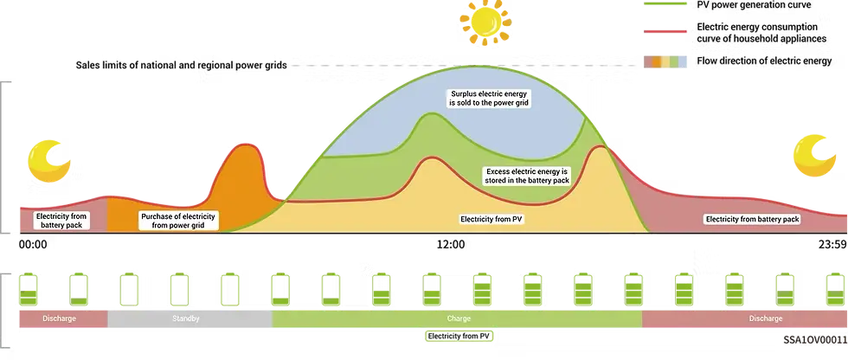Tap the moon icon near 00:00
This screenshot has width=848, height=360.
pos(48,161)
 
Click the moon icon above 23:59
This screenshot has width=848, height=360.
pos(814,157)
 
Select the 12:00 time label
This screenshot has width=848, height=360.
pos(451,245)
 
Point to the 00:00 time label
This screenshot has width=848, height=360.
pos(33,245)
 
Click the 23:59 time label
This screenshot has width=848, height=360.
pos(832,245)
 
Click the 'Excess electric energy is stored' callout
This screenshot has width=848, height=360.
pos(526,176)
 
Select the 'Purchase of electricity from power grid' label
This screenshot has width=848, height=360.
pos(178,221)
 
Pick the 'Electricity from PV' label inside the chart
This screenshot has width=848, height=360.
pos(492,220)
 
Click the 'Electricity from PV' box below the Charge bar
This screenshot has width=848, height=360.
pos(459,337)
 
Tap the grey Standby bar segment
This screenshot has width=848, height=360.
pos(190,319)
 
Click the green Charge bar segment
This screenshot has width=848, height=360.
pos(457,319)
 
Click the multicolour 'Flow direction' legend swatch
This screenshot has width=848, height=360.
pos(665,61)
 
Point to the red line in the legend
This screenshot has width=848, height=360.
pos(665,31)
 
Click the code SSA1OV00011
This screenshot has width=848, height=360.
pos(815,340)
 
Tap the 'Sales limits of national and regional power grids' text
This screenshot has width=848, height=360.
pos(181,66)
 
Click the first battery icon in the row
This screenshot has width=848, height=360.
pos(28,290)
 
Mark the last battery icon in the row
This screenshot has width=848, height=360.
pos(836,290)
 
